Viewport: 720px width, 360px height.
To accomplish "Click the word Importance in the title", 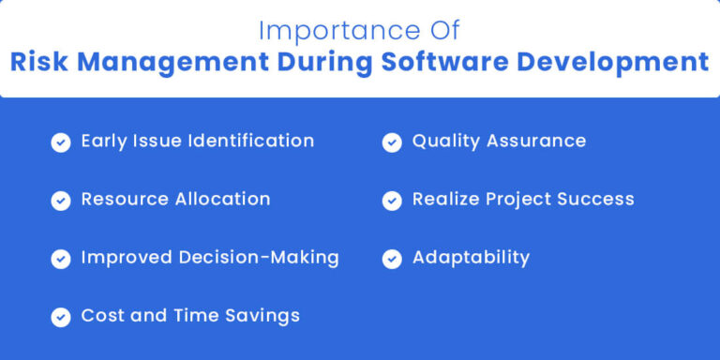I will click(325, 31).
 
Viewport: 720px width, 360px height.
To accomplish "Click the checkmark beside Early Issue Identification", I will click(61, 142).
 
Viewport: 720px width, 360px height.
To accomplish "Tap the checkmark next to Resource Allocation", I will click(61, 201).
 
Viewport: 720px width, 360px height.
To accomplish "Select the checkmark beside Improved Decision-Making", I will click(61, 259).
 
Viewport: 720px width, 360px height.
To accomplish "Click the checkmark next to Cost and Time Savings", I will click(61, 317).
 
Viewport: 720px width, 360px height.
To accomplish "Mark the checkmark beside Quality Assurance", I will click(392, 142).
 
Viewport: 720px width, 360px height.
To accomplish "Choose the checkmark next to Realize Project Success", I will click(392, 201).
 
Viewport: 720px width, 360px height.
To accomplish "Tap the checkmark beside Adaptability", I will click(392, 259).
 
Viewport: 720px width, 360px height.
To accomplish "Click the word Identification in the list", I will click(250, 141).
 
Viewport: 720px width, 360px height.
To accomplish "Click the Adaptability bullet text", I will click(471, 258).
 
